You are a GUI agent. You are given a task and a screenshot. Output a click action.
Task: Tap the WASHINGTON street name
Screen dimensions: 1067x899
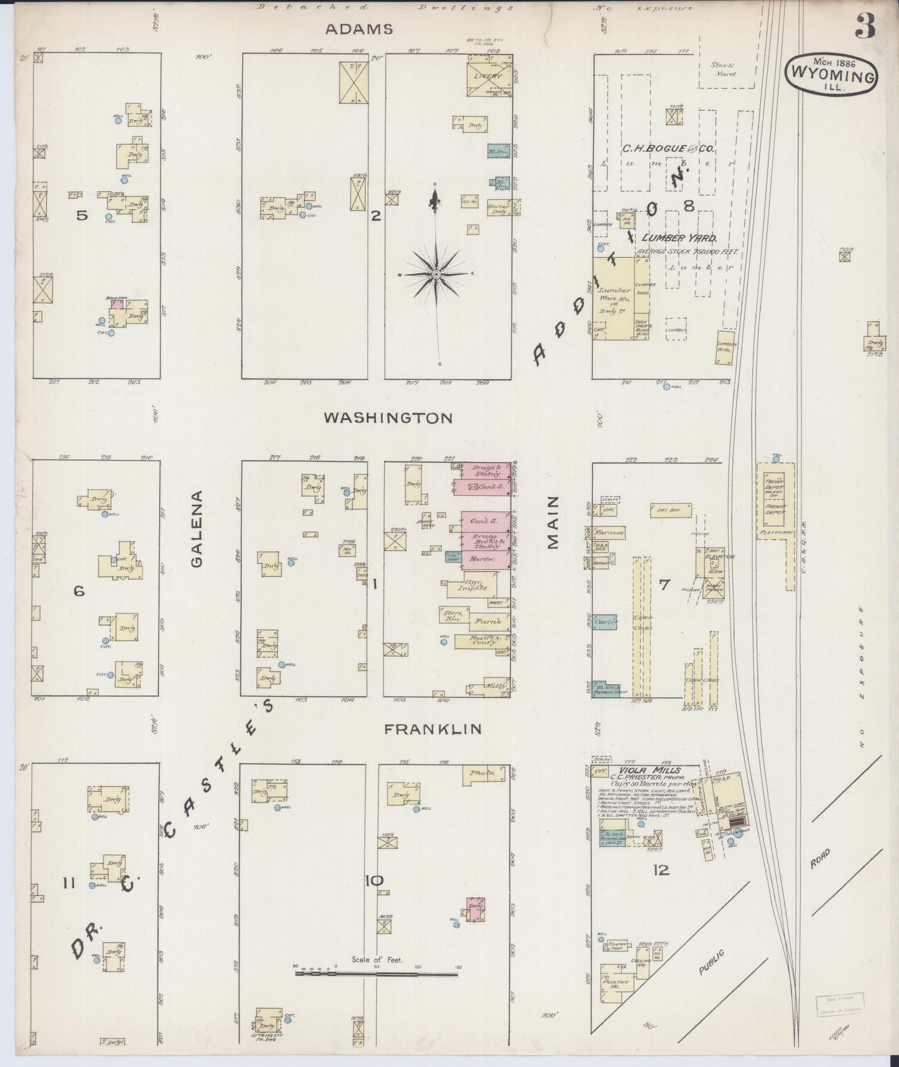pos(388,418)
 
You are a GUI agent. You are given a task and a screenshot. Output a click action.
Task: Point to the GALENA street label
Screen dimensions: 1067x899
pos(197,529)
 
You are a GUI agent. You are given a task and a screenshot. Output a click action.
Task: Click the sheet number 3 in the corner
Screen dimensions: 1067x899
pos(864,26)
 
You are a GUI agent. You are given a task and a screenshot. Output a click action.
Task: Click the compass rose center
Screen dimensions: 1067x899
pos(437,274)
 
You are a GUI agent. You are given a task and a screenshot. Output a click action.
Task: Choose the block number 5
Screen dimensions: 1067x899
pos(82,216)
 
